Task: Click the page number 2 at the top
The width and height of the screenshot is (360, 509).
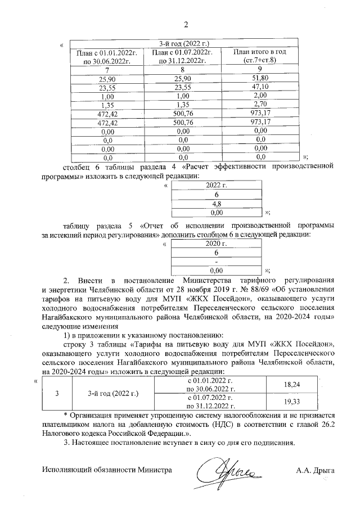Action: click(185, 24)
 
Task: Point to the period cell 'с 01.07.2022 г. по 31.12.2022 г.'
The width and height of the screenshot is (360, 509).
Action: click(211, 403)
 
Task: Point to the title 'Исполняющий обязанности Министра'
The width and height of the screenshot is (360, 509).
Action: click(107, 469)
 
